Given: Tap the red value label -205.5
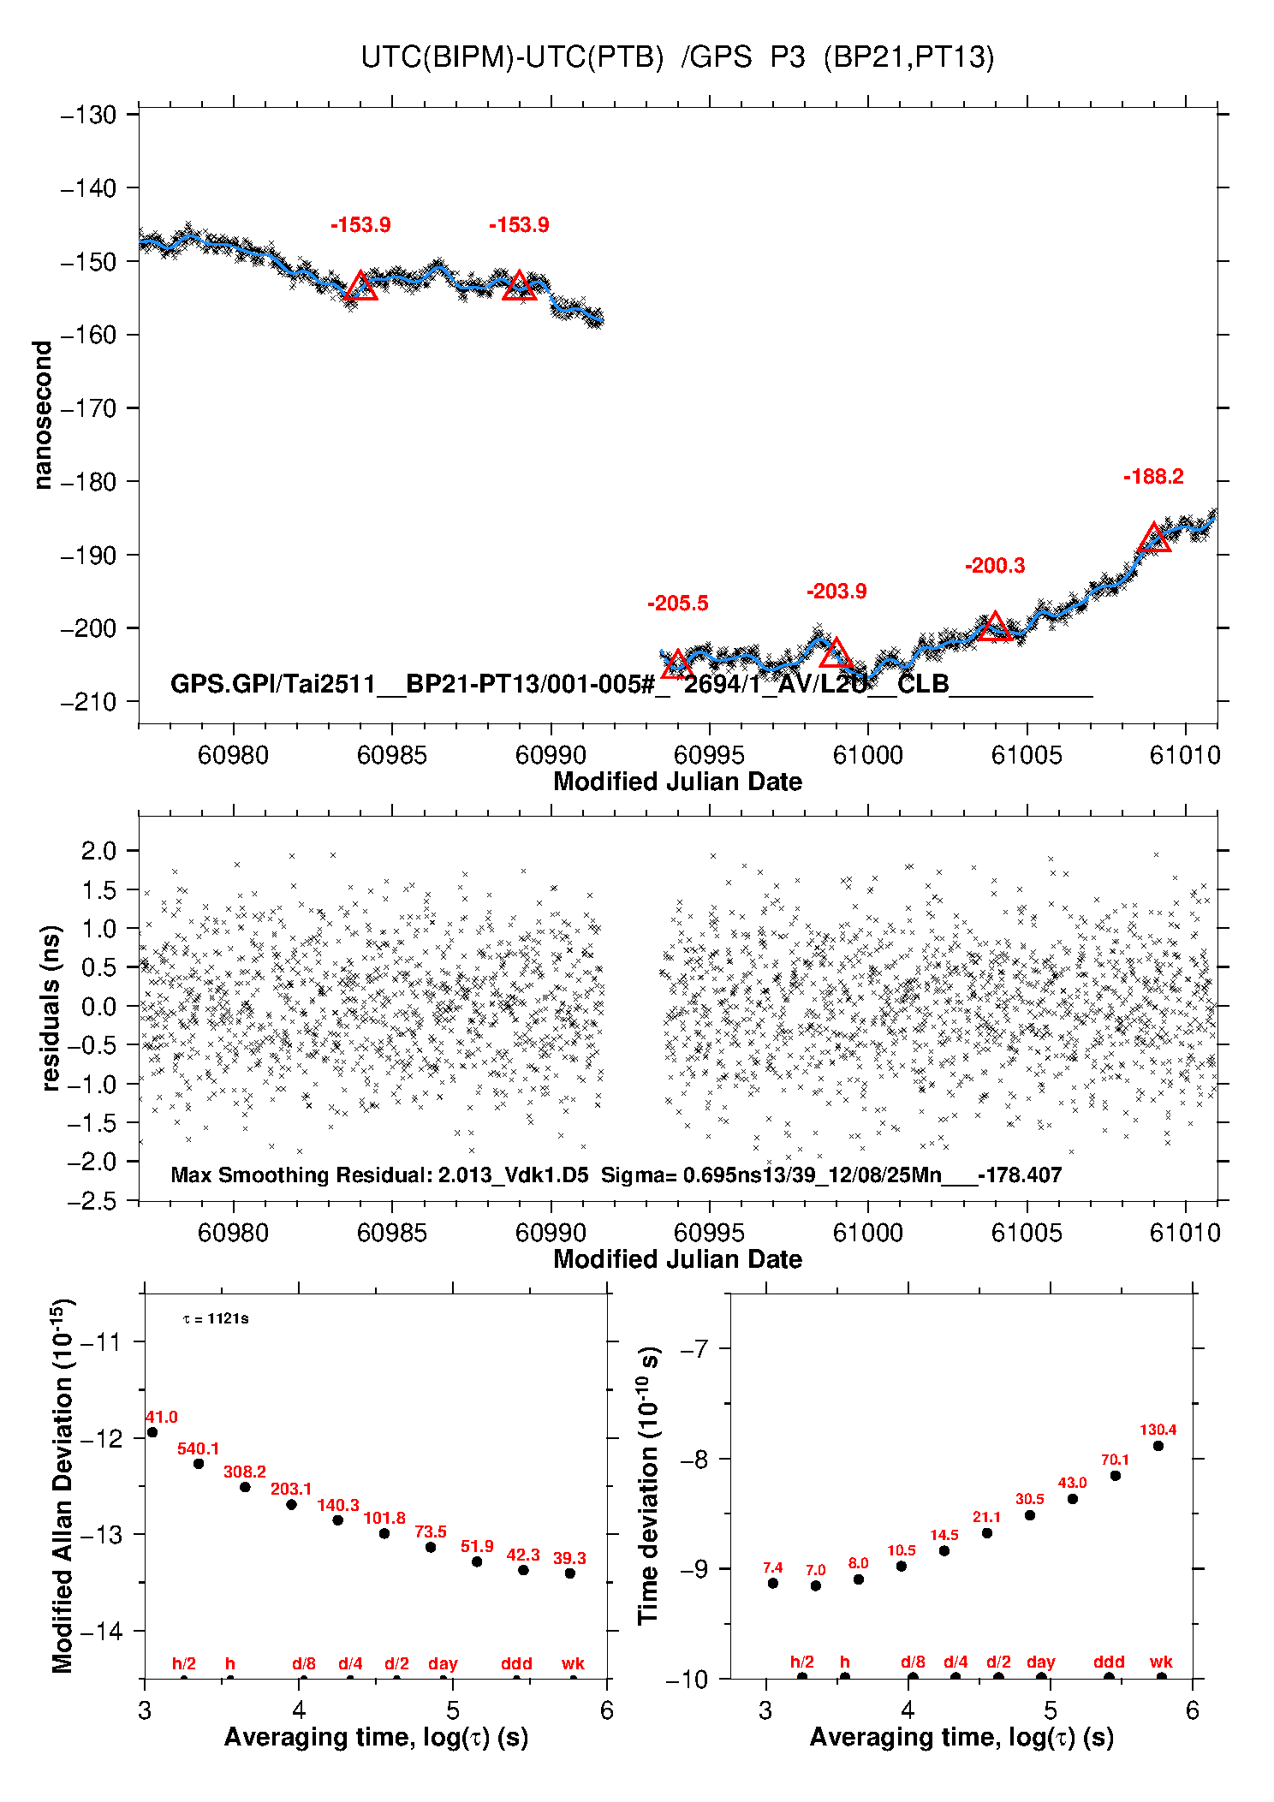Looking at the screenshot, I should (677, 604).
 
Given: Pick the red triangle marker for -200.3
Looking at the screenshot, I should (994, 628).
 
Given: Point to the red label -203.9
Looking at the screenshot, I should (836, 592).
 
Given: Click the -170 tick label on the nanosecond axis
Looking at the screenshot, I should (88, 408).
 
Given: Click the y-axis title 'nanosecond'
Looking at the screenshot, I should (43, 414).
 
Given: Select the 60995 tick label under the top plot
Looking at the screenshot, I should (709, 755).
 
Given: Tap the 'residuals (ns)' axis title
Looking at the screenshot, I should (51, 1008).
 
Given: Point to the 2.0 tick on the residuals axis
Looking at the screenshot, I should (98, 851).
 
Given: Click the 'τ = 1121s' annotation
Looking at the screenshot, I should (216, 1319).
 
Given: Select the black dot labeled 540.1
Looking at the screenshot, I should (199, 1463).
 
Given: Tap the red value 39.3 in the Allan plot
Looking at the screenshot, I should (569, 1558).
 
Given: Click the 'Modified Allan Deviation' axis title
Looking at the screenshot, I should (62, 1485).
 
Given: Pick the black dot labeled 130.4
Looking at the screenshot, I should (1158, 1446).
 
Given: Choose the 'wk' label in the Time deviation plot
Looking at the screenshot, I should (1161, 1662).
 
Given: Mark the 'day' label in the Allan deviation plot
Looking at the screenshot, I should (443, 1663).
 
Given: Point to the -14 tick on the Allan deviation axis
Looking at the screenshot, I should (101, 1631).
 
